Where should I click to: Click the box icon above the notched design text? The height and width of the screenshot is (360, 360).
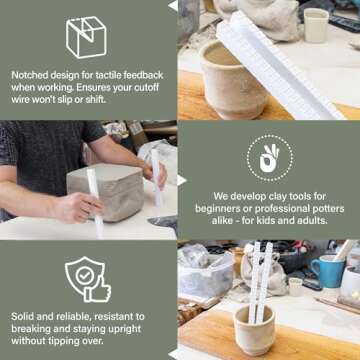click(88, 36)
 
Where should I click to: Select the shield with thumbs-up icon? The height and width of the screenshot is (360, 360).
click(87, 279)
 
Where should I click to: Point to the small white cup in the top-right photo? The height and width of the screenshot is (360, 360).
click(316, 25)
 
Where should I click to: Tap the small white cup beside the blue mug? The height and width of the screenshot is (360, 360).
click(296, 286)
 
